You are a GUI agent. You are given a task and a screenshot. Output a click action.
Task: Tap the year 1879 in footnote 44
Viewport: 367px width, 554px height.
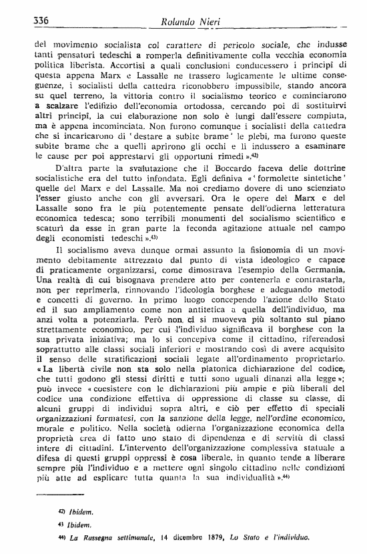[x=200, y=537]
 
